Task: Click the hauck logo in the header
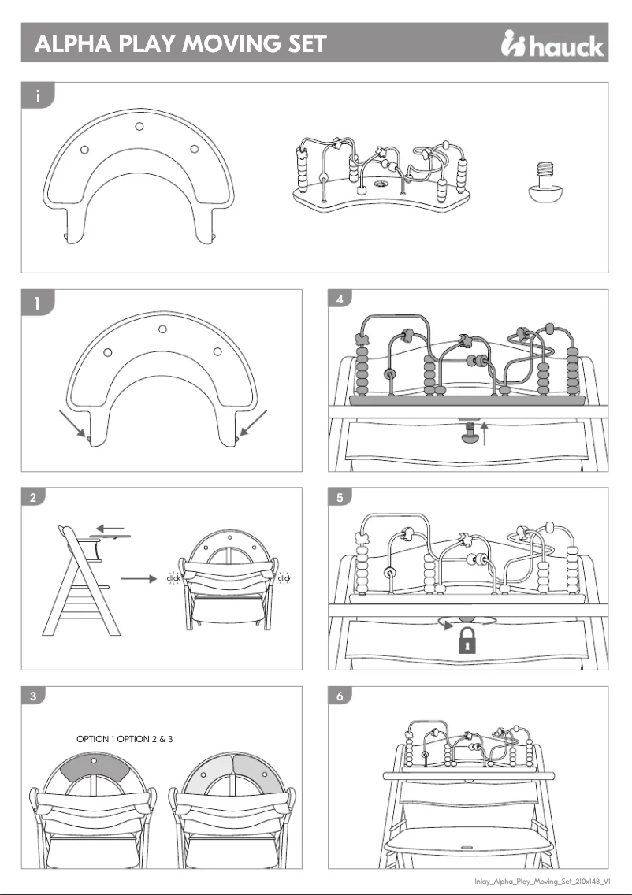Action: click(x=552, y=45)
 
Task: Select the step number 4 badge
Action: click(x=339, y=299)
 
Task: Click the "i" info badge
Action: click(x=37, y=97)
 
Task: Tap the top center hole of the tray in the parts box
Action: click(x=139, y=126)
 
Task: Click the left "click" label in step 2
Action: click(x=174, y=579)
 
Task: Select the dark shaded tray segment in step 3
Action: click(x=94, y=769)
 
